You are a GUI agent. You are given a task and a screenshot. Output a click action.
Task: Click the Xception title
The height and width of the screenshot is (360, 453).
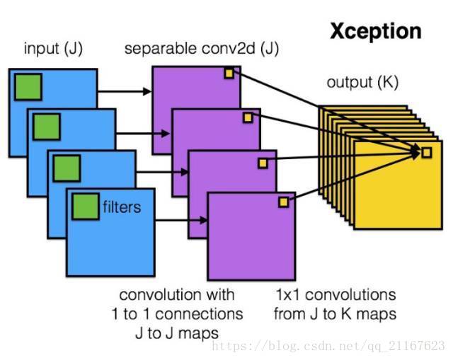coord(376,31)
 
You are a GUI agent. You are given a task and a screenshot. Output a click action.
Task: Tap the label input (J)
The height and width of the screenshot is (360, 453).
coord(52,49)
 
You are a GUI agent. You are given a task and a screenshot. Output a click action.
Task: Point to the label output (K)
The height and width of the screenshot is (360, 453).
coord(362,83)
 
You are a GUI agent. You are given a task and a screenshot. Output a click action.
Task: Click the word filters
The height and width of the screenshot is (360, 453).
coord(121,207)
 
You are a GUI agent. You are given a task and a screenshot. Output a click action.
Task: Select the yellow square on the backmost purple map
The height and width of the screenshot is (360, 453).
coord(229,73)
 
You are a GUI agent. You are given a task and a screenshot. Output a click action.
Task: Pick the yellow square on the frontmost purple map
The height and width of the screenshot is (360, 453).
coord(283,202)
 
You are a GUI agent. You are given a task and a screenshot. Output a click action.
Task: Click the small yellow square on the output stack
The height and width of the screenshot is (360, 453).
coord(426,152)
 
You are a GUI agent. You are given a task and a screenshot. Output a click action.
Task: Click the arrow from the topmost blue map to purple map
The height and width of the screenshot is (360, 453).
coord(125,92)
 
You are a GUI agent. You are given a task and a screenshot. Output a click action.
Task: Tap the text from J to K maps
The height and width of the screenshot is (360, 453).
coord(335,312)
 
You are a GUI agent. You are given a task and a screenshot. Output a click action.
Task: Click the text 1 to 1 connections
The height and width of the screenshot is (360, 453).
coord(177,313)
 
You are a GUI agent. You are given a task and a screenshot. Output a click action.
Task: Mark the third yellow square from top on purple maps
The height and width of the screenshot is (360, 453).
coord(263,163)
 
